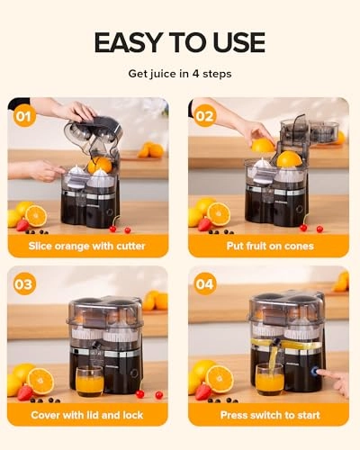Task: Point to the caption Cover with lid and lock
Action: tap(88, 415)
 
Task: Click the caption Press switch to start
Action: tap(268, 415)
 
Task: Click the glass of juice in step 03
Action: tap(88, 381)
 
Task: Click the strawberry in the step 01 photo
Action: tap(22, 224)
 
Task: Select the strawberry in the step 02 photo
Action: tap(204, 224)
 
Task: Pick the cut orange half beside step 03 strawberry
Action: tap(40, 380)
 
